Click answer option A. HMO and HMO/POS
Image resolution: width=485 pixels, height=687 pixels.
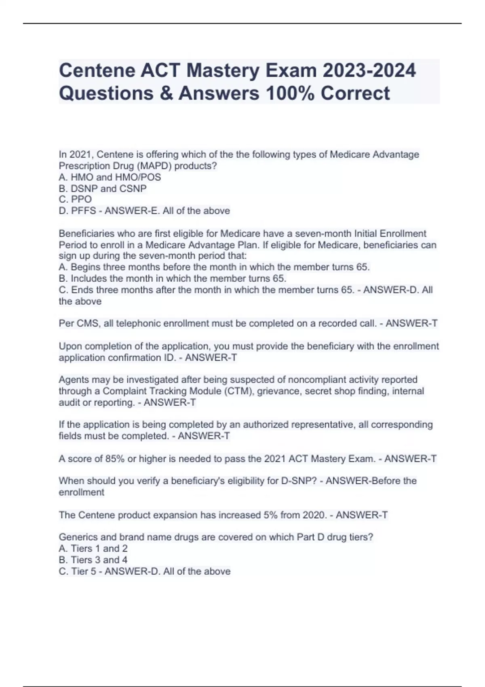pos(110,177)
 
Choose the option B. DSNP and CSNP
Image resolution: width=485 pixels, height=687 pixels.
pos(103,188)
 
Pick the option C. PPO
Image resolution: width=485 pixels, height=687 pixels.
pos(75,199)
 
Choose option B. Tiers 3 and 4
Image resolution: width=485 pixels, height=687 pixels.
pos(93,560)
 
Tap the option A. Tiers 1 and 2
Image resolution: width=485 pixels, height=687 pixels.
pos(93,548)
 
